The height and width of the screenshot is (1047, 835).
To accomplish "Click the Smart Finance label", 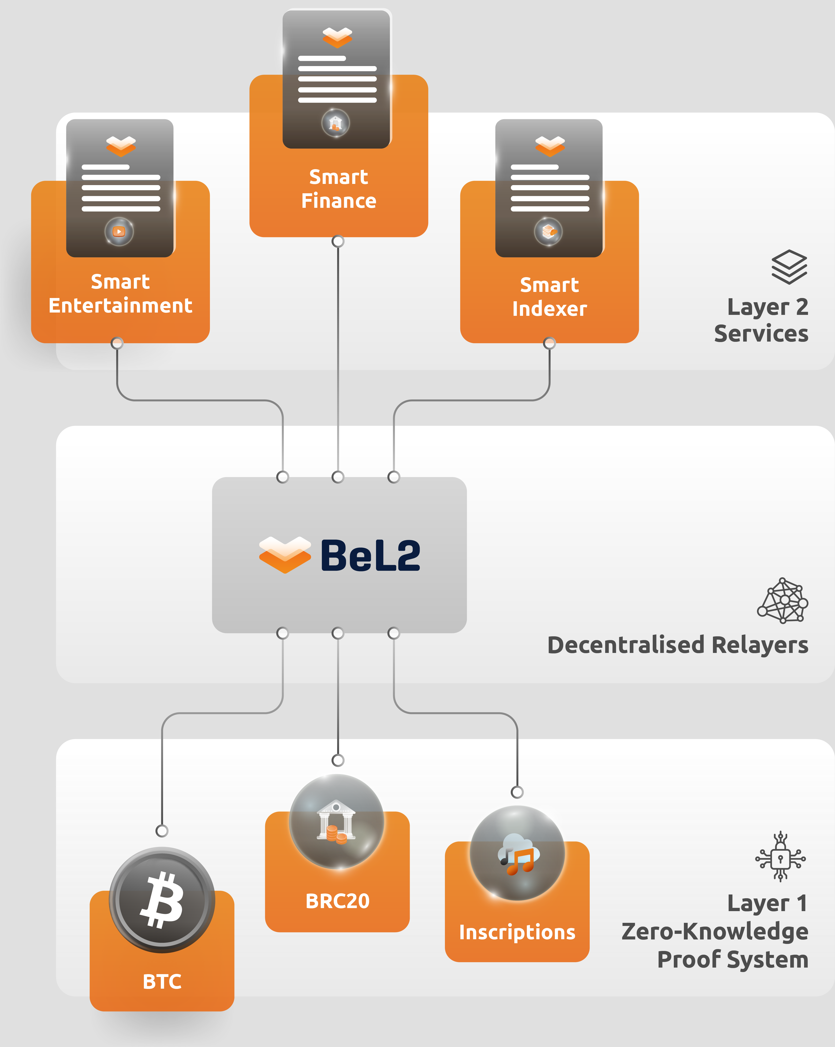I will tap(339, 189).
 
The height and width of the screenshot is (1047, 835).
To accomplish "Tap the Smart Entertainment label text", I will tap(120, 294).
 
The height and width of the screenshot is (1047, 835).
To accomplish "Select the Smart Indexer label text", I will tap(549, 297).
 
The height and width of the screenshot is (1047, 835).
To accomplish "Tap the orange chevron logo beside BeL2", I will tap(285, 554).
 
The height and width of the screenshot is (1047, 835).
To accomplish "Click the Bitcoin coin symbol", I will tap(162, 900).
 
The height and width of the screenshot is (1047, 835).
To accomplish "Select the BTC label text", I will tap(162, 981).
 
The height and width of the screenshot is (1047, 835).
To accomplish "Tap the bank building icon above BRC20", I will tap(336, 822).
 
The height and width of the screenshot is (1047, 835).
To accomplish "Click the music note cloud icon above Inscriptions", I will tap(517, 854).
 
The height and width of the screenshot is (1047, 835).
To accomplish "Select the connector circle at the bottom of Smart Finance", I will tap(338, 241).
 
